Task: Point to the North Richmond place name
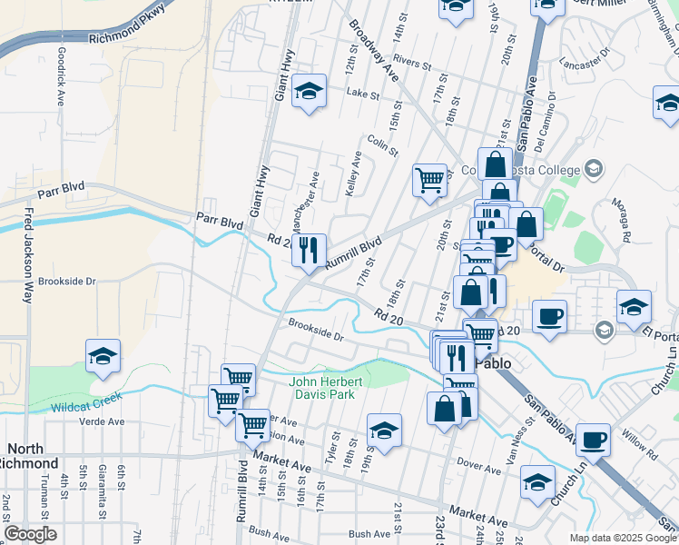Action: click(x=43, y=456)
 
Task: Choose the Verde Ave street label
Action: click(x=102, y=421)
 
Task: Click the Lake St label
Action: click(x=362, y=94)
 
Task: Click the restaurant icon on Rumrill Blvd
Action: click(x=310, y=249)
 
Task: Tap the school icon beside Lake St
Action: click(x=310, y=91)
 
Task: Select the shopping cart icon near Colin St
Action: click(x=430, y=178)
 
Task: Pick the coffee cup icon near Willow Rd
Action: click(x=593, y=440)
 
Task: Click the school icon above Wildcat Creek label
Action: click(x=103, y=356)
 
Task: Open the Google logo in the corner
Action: click(x=30, y=534)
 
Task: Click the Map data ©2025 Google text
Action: click(x=622, y=538)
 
